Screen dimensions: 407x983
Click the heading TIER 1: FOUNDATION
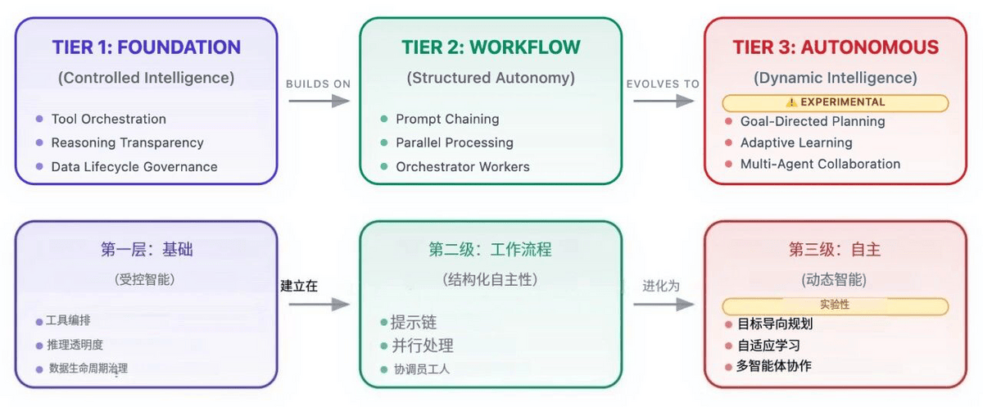coord(146,47)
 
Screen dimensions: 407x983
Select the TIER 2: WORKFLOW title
coord(491,47)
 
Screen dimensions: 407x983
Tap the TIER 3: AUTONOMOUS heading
coord(836,47)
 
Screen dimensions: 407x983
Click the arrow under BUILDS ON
coord(319,101)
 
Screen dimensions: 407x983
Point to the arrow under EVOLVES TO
coord(663,101)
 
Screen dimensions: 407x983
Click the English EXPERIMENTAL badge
coord(835,103)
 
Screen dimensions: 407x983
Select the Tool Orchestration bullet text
coord(108,120)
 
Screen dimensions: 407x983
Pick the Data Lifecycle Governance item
coord(134,167)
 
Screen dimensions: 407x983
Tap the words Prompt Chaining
coord(447,120)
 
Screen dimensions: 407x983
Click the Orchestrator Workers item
coord(463,167)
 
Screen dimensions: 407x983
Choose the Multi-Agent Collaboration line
coord(820,164)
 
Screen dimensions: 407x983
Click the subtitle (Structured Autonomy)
coord(491,79)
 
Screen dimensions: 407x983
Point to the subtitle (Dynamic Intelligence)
coord(835,79)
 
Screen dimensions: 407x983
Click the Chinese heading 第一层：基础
coord(146,249)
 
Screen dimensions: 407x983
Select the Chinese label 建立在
coord(299,286)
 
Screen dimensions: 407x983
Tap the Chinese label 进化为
coord(661,286)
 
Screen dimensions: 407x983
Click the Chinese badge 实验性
coord(835,305)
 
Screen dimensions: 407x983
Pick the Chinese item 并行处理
coord(422,346)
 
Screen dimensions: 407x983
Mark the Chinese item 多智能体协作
coord(774,366)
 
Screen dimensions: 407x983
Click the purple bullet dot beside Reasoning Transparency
coord(39,143)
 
